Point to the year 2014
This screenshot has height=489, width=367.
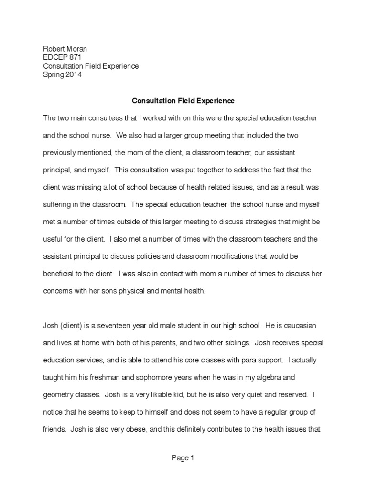(72, 74)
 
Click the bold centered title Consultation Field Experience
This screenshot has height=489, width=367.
(183, 101)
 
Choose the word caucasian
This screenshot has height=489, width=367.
(296, 326)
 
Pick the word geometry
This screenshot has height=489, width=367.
(58, 395)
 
